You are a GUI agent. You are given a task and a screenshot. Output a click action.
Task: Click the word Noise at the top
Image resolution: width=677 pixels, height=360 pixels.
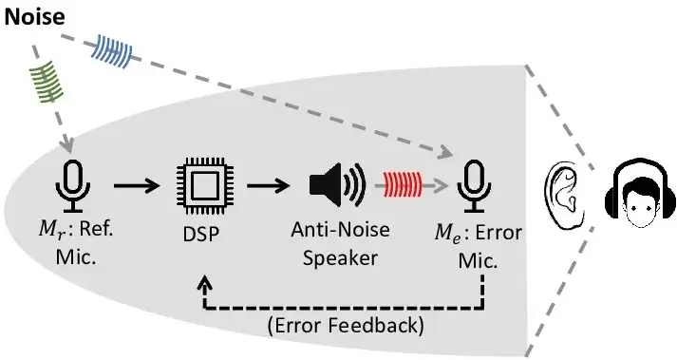pos(35,18)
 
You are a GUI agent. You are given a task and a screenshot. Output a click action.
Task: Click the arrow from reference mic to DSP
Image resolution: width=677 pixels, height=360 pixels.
pos(138,183)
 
